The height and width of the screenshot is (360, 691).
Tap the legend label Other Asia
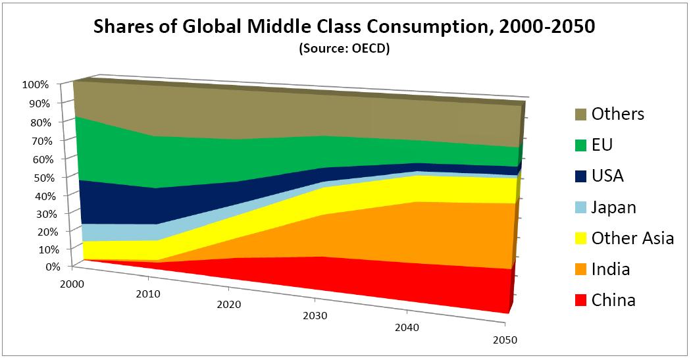point(632,238)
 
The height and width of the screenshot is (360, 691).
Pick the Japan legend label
point(614,207)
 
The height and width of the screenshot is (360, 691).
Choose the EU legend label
point(602,145)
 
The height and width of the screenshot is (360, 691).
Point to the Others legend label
point(618,114)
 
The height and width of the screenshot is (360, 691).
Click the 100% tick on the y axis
point(36,85)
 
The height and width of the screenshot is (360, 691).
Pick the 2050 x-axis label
point(505,340)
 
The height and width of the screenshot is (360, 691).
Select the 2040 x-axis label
point(407,328)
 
